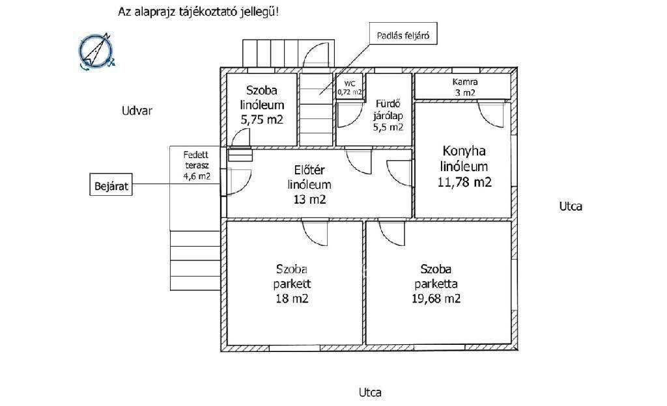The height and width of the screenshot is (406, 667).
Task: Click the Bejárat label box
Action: tap(111, 184)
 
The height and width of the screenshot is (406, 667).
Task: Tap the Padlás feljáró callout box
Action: tap(403, 34)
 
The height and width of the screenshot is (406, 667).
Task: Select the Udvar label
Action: tap(137, 111)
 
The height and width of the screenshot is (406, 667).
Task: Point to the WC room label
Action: tap(350, 84)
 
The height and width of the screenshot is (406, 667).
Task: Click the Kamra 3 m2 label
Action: tap(465, 87)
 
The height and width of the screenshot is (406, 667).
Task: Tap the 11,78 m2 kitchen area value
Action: tap(464, 182)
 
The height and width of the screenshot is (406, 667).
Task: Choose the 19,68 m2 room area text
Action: tap(436, 299)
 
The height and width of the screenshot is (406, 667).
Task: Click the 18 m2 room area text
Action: tap(292, 299)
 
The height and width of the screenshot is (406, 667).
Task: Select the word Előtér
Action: tap(309, 170)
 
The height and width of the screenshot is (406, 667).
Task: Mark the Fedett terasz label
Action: tap(196, 160)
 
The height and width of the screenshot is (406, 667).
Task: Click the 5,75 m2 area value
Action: tap(262, 120)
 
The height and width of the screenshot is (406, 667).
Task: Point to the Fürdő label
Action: tap(388, 104)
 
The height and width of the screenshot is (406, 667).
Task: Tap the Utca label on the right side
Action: tap(571, 206)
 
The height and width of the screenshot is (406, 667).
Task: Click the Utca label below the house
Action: tap(370, 392)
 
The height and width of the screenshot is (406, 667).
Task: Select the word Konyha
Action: tap(464, 151)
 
